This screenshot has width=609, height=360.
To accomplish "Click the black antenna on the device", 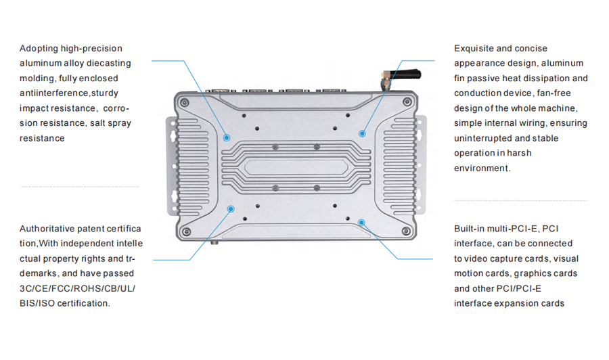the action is click(x=406, y=74).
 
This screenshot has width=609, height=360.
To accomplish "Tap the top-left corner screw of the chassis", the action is click(x=185, y=103).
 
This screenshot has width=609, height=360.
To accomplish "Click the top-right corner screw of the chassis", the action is click(x=407, y=102).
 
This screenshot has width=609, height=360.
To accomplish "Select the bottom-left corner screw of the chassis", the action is click(x=187, y=232).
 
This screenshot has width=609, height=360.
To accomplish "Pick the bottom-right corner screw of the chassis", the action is click(x=406, y=231).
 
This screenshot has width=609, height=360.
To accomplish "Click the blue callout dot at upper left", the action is click(x=227, y=137).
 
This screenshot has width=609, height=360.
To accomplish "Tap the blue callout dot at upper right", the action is click(x=363, y=133).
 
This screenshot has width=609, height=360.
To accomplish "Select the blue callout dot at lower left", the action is click(x=231, y=209).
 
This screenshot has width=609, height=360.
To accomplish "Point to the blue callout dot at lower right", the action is click(x=361, y=223).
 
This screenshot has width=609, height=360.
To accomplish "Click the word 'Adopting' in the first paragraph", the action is click(x=39, y=49).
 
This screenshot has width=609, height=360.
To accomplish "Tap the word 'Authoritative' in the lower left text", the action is click(x=47, y=229).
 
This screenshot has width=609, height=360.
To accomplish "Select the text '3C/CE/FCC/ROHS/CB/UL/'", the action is click(x=77, y=288).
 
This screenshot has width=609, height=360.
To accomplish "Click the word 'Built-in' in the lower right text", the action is click(x=469, y=229).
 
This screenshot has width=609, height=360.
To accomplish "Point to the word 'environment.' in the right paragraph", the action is click(x=482, y=168).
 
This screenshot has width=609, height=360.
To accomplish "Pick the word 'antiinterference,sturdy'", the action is click(x=69, y=93).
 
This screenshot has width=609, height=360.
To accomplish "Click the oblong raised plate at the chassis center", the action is click(x=296, y=167).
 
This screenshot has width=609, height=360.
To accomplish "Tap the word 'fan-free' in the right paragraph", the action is click(x=554, y=93).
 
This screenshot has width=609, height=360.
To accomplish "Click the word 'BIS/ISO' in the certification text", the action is click(x=37, y=303).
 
